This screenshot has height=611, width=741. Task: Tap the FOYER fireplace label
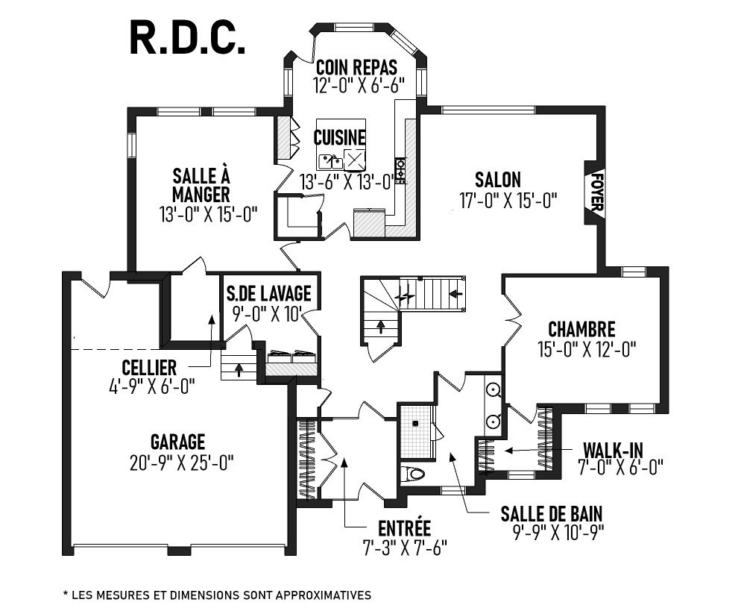[596, 192]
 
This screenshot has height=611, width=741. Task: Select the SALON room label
[498, 180]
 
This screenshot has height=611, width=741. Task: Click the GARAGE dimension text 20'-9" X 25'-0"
[182, 462]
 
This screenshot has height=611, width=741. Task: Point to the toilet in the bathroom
[412, 473]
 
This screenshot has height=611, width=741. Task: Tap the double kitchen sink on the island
[331, 162]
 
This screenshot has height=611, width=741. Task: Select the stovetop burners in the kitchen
[400, 171]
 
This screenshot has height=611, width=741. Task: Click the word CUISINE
[340, 137]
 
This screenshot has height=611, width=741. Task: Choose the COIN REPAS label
[356, 68]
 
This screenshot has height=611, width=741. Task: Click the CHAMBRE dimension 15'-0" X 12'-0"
[587, 349]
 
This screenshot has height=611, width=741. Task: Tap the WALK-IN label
[613, 450]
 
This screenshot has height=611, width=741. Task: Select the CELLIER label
[149, 368]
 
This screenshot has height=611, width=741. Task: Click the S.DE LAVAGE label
[268, 293]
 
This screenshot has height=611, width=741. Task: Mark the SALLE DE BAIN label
[552, 513]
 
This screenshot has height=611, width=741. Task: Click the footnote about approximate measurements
[217, 595]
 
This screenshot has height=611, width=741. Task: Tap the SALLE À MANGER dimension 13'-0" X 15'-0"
[209, 214]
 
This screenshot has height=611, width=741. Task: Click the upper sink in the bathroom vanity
[494, 389]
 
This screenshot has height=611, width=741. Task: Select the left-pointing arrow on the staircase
[455, 294]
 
